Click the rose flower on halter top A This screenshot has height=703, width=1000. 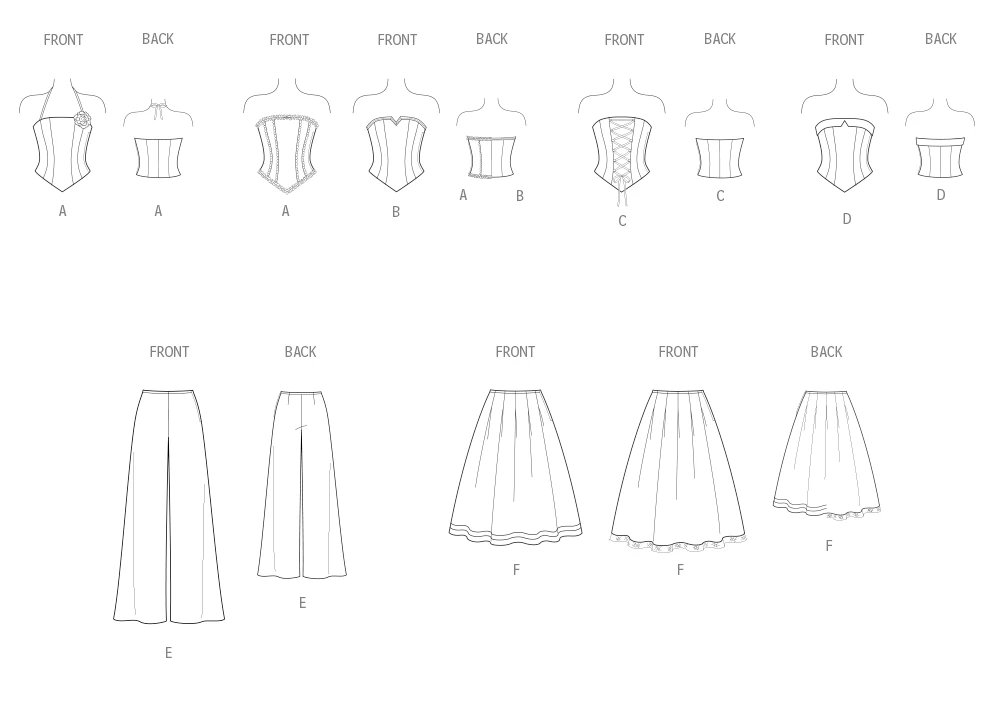coord(82,118)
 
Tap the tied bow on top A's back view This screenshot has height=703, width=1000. coord(157,109)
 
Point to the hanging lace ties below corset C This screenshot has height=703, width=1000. coord(622,190)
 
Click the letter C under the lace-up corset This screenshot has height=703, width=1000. coord(622,221)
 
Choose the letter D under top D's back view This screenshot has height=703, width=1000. coord(941,195)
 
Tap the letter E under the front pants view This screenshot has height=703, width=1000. coord(168,653)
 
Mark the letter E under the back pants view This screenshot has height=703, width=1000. coord(302,603)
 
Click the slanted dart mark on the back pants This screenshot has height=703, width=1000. coord(301,427)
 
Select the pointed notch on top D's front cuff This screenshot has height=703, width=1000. coord(844,124)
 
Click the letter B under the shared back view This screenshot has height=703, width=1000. coord(520,196)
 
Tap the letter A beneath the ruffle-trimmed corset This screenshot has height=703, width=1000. coord(285,211)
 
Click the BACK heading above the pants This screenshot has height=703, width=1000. coord(300,352)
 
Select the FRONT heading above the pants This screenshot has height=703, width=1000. coord(169,352)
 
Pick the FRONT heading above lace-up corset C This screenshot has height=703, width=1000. coord(624,40)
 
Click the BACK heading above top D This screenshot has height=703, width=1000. coord(941,39)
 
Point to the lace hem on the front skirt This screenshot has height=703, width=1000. coord(678,543)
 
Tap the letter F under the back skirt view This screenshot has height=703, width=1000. coord(828,545)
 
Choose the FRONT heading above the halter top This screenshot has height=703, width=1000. coord(63,40)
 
